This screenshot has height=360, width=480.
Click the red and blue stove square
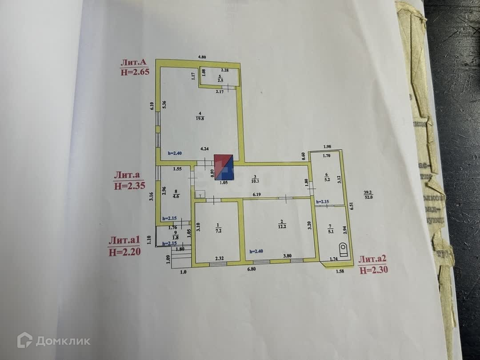[224, 167]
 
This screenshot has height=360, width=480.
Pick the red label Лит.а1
[124, 240]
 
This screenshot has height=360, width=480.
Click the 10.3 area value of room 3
[253, 182]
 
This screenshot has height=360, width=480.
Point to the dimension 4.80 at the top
[203, 57]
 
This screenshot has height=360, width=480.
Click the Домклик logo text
[63, 341]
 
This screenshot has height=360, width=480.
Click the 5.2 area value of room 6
[327, 180]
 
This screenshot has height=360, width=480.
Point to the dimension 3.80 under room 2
[288, 256]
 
